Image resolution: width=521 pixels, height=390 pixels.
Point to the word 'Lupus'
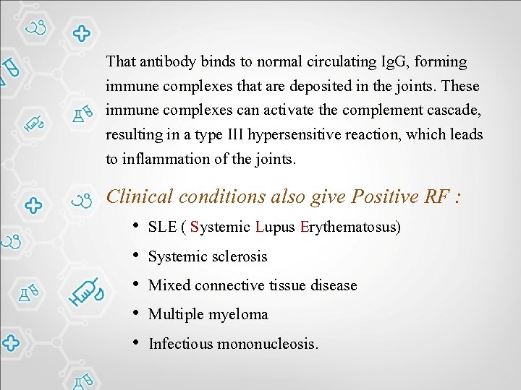(x=275, y=227)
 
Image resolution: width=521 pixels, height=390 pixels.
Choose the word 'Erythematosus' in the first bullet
(x=350, y=227)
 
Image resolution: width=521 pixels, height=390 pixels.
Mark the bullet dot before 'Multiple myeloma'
(x=136, y=313)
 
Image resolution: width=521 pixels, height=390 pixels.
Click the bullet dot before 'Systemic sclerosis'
(x=136, y=256)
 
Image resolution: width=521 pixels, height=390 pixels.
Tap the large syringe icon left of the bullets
(x=87, y=291)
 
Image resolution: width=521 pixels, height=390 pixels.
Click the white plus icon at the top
(x=81, y=33)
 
